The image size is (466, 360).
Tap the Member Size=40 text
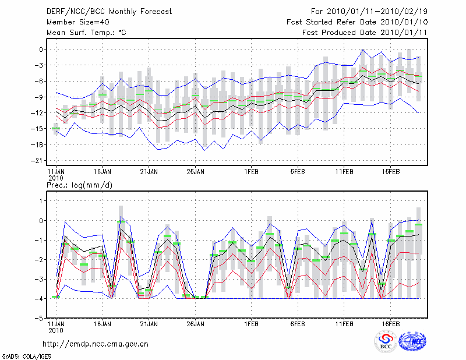[x=74, y=22]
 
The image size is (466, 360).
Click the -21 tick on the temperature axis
[x=38, y=160]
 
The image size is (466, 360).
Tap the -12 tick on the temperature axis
[x=38, y=113]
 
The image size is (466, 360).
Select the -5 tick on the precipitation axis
[x=38, y=318]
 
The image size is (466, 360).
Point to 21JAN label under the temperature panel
[x=149, y=172]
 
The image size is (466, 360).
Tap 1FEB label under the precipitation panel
[x=252, y=323]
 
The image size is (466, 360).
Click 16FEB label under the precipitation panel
[x=390, y=323]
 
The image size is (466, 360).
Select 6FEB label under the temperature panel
[x=298, y=172]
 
